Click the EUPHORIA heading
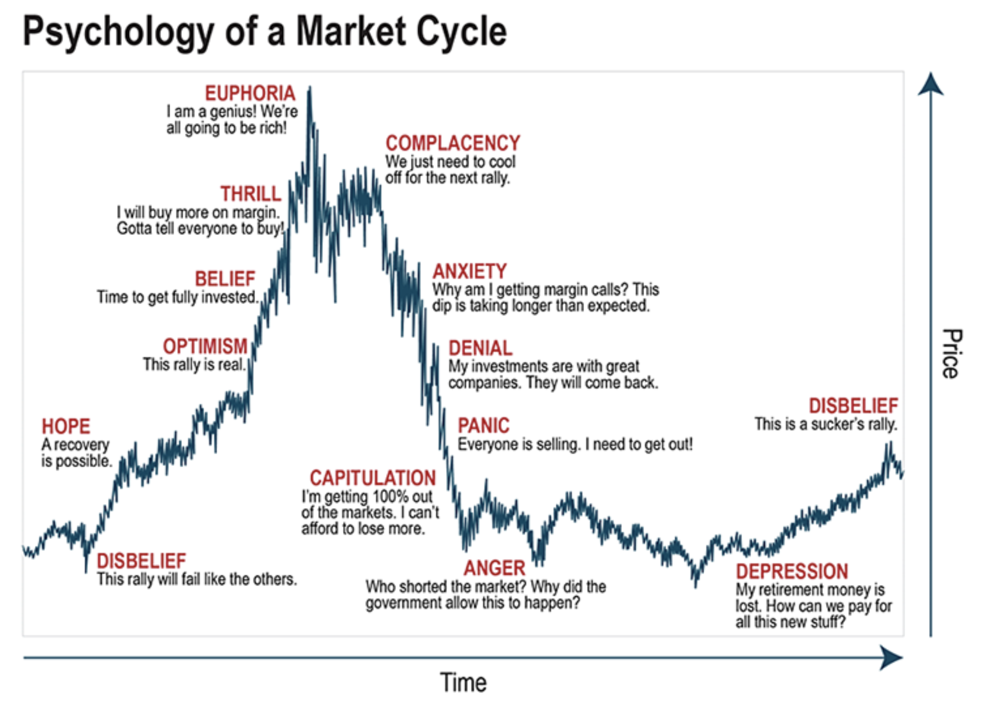click(x=250, y=93)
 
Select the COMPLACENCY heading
click(x=453, y=143)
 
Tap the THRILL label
click(x=251, y=194)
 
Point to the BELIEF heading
click(x=225, y=279)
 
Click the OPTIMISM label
click(x=205, y=346)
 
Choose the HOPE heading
click(x=66, y=427)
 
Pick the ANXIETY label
click(x=469, y=272)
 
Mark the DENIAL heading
click(x=480, y=348)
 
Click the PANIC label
click(x=483, y=426)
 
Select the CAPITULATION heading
click(x=373, y=478)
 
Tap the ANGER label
click(x=495, y=569)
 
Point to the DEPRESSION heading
click(x=792, y=572)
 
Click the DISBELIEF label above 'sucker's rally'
click(x=853, y=406)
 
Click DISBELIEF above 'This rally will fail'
click(x=141, y=561)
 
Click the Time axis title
click(x=463, y=683)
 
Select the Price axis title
click(x=952, y=354)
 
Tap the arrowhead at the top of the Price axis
click(x=930, y=84)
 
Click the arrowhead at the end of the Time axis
click(x=892, y=658)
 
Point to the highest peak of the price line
click(x=310, y=89)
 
